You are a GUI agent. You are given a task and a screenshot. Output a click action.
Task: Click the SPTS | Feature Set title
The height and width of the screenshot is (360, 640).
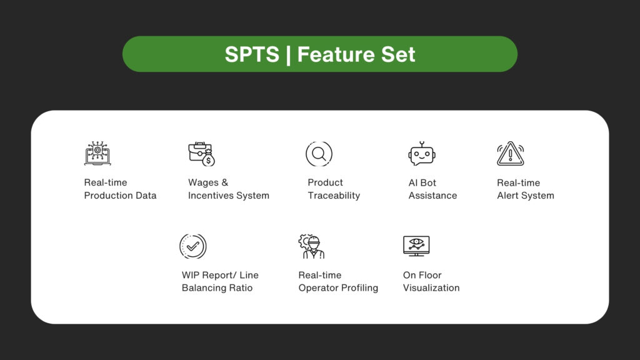coord(320,54)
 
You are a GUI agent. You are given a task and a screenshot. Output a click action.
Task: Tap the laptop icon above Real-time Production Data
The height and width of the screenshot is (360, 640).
coord(97,153)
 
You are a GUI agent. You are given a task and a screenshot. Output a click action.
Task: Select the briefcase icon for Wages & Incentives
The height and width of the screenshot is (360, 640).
coord(201,154)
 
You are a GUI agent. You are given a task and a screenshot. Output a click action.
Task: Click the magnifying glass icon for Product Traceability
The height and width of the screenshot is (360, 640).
coord(319,154)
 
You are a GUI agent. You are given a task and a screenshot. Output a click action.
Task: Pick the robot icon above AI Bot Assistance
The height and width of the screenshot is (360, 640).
coord(421,154)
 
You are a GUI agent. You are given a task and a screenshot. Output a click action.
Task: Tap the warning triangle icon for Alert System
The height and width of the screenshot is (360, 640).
coord(510,154)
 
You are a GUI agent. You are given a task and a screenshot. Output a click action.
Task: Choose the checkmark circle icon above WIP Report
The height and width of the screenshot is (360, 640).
coord(192,246)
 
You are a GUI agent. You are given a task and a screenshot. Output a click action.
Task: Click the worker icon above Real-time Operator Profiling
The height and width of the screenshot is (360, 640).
coord(311,246)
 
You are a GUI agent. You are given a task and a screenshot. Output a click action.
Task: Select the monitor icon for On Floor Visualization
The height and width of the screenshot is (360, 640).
coord(416,246)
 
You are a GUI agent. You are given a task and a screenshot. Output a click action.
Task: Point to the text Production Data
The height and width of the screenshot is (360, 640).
coord(120,196)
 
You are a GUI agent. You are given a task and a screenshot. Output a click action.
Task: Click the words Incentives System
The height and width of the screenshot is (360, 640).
coord(229,196)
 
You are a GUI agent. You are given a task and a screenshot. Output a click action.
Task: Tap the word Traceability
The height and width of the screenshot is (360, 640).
coord(334,196)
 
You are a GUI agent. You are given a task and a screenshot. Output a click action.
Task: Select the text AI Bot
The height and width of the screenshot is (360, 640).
coord(422,182)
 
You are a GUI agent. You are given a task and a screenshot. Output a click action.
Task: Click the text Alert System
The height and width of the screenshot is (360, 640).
coord(525,196)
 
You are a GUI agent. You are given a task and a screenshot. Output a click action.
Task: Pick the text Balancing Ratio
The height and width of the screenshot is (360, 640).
coord(217,288)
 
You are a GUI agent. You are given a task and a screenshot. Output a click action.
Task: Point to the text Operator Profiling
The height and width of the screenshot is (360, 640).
coord(338,288)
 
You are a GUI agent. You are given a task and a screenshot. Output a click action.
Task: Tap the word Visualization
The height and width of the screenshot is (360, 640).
coord(431,288)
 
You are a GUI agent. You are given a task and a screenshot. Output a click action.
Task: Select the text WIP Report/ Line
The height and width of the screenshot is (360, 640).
coord(220,275)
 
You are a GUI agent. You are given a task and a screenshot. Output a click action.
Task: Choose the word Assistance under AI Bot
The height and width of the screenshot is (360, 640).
coord(432,196)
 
